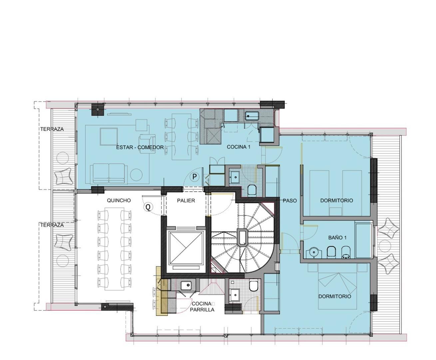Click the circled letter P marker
[x=195, y=177]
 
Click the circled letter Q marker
[x=148, y=207]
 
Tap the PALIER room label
[x=186, y=201]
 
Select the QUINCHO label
[x=119, y=200]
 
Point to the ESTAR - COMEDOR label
[x=140, y=147]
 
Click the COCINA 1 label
[x=238, y=147]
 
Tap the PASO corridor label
[x=290, y=201]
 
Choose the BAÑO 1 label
[x=337, y=238]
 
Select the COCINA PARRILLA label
[x=202, y=307]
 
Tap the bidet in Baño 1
[x=346, y=252]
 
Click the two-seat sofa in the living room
[x=109, y=173]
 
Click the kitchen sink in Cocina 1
[x=252, y=116]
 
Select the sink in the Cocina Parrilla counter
[x=186, y=285]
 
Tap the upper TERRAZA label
[x=52, y=129]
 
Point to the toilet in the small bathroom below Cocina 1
[x=252, y=190]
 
